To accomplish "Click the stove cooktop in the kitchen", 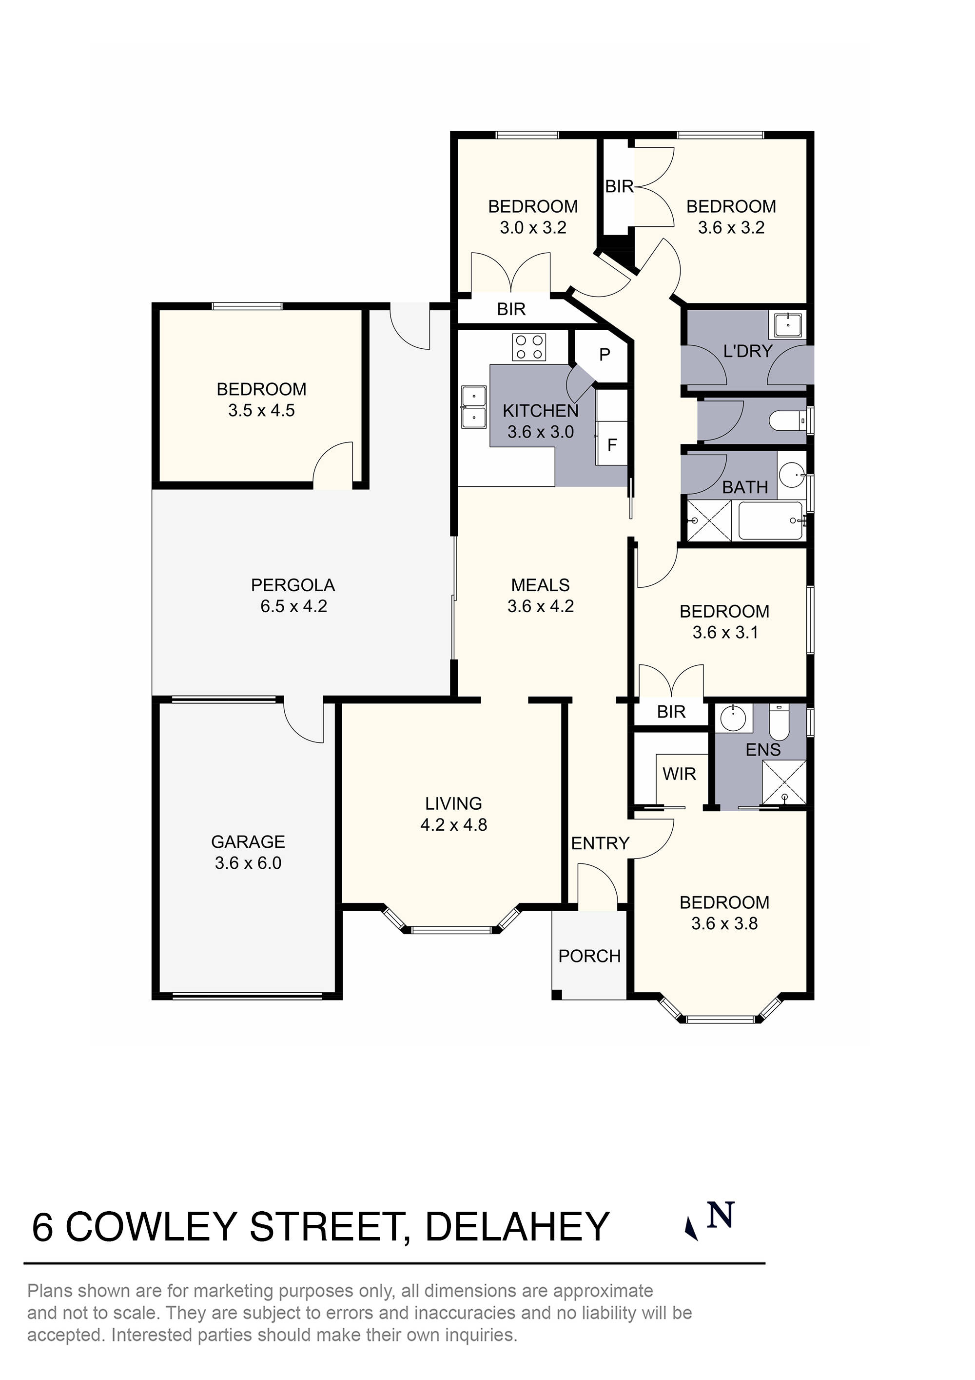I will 529,347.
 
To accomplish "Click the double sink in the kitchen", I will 473,406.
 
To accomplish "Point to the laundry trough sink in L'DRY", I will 788,325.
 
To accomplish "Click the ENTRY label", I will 600,843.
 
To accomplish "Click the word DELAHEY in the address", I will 517,1227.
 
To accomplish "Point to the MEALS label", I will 540,585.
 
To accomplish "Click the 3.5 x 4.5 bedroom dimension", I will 261,411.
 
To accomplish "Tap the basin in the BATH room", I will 792,475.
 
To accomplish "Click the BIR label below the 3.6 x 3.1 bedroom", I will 671,712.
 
